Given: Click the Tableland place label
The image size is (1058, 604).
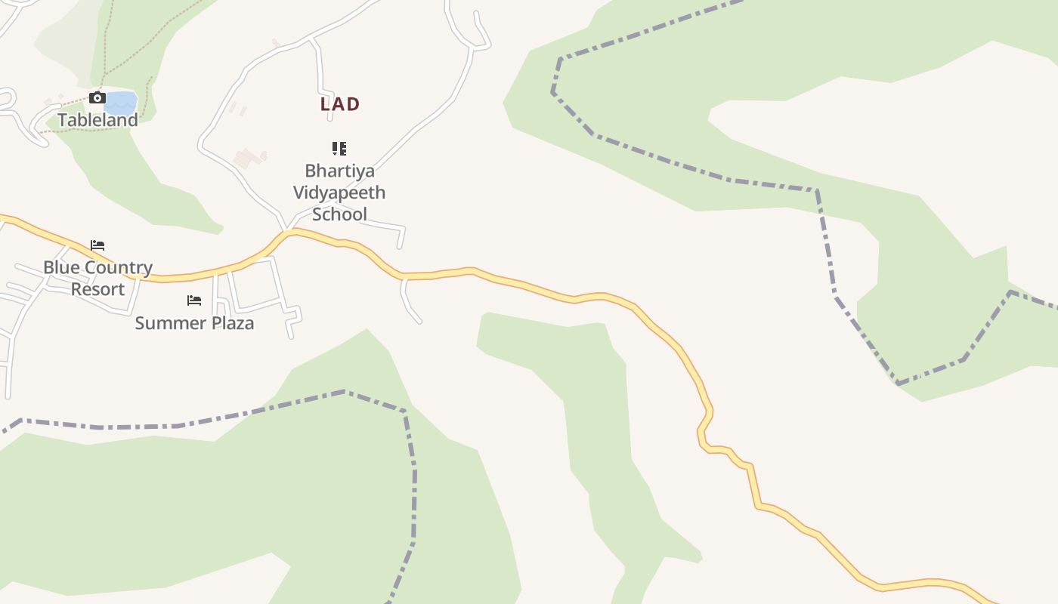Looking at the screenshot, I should point(98,120).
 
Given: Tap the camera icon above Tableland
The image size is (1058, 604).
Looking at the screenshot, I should point(97,98).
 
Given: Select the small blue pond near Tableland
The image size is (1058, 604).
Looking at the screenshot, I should point(121,102).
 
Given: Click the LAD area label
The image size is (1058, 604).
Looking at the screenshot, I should point(339,104).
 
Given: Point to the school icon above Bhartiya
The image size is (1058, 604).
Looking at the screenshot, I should point(339,148).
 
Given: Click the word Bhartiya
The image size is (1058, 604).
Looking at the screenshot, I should point(339,171).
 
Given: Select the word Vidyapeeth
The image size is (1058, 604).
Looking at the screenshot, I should point(339,193).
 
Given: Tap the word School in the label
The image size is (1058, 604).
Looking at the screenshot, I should point(339,214).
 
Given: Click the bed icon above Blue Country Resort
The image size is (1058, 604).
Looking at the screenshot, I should point(97,245).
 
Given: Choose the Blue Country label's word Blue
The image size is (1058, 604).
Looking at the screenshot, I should point(60,267).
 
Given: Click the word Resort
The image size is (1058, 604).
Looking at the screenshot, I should point(97,289).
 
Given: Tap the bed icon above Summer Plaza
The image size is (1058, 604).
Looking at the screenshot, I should point(194,300).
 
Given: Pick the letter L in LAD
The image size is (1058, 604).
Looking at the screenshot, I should point(325,104).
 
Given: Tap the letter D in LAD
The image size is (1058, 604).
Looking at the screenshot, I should point(354,104).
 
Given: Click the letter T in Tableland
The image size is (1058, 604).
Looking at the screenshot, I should point(63,120).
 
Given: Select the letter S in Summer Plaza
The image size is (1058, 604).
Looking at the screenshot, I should point(140,323).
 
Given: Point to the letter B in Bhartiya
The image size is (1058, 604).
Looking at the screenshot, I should point(310,171).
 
